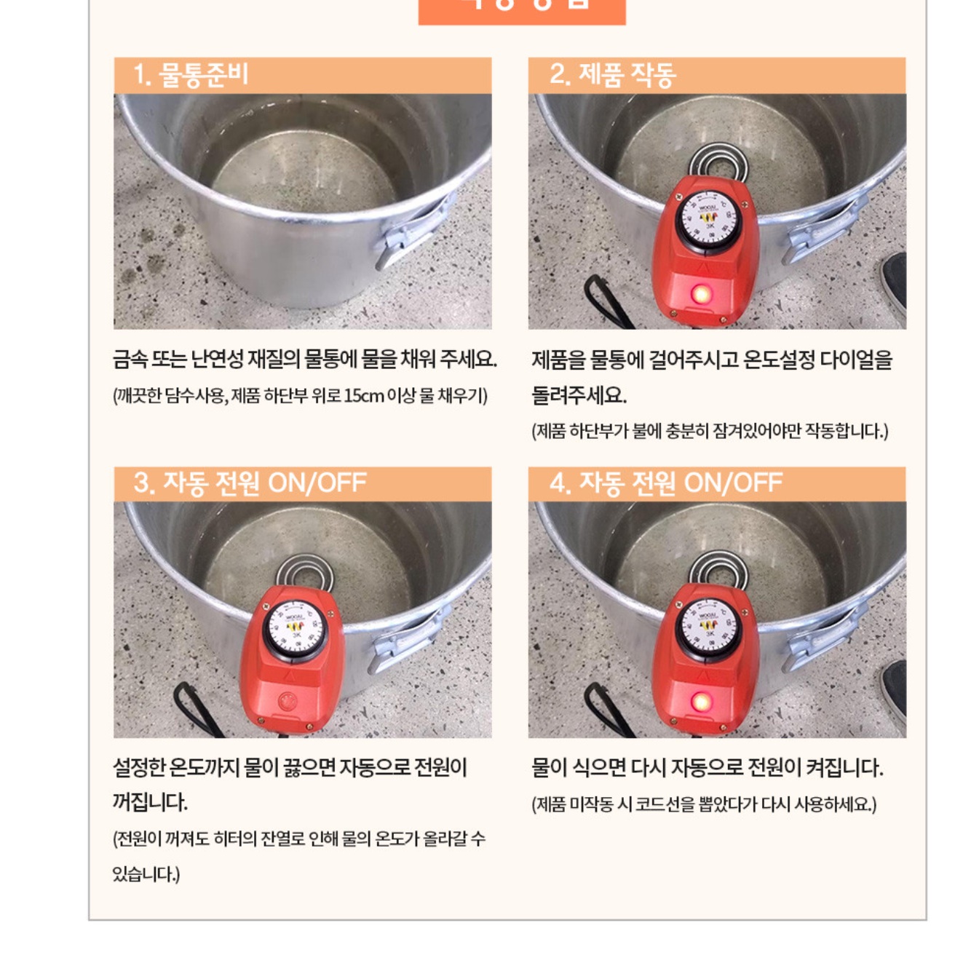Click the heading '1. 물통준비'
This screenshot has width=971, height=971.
[191, 75]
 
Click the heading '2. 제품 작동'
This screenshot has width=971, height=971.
[612, 75]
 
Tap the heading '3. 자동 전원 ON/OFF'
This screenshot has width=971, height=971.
[250, 483]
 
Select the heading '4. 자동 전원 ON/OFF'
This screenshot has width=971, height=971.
[665, 483]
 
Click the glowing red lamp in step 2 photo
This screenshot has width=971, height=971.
[702, 294]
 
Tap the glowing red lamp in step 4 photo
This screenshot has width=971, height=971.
[701, 702]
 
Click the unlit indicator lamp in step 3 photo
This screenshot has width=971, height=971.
[288, 702]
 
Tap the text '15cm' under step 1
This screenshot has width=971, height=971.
[363, 396]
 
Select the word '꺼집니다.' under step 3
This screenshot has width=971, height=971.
[150, 802]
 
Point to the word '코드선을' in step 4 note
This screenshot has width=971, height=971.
[665, 804]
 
